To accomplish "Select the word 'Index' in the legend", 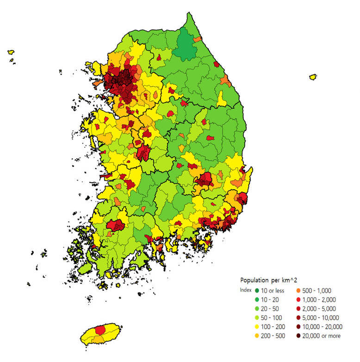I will (x=246, y=290).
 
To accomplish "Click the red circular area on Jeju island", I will (x=100, y=330).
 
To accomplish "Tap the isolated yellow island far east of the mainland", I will (x=313, y=76).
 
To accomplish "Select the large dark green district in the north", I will (x=186, y=45).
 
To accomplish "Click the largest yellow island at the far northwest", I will (x=11, y=53).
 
